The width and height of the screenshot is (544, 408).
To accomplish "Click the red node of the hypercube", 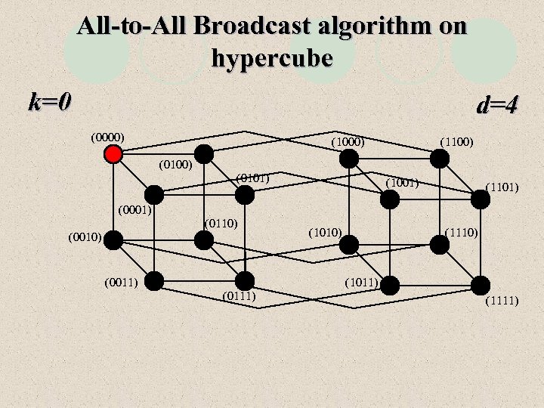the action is [113, 154].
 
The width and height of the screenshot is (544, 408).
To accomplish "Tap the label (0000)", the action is [107, 138].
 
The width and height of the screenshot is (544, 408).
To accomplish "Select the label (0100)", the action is [176, 164].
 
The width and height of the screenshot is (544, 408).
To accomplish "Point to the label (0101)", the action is [252, 178].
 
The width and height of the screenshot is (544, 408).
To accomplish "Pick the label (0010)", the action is [84, 237].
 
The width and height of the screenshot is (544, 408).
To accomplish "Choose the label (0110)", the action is [221, 223].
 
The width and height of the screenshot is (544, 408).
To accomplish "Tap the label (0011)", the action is [121, 283].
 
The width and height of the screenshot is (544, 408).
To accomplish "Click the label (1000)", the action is [348, 141].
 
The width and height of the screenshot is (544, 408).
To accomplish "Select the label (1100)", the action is [456, 141].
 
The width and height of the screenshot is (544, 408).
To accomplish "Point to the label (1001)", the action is [403, 182].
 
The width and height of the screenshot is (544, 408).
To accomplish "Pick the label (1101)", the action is [502, 186].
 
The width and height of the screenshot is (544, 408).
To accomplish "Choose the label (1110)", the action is [462, 231].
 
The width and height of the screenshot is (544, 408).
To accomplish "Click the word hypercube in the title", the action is [272, 57].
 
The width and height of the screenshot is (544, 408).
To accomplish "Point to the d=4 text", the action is [497, 104].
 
